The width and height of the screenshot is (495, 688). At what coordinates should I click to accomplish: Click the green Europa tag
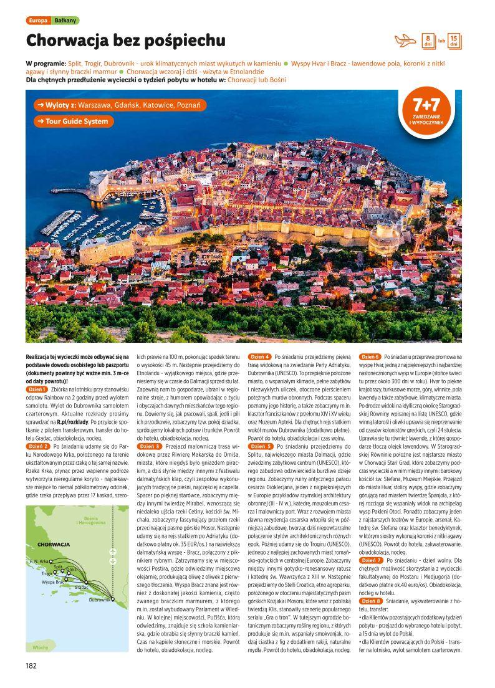tap(38, 21)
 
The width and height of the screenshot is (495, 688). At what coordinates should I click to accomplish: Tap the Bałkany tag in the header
tap(65, 21)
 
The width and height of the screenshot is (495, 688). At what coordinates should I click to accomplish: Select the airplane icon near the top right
tap(405, 41)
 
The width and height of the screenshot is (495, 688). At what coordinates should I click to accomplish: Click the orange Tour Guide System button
tap(73, 122)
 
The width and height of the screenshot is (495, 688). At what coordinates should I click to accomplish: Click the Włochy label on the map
tap(41, 647)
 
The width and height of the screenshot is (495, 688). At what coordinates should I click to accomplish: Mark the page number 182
tap(32, 666)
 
